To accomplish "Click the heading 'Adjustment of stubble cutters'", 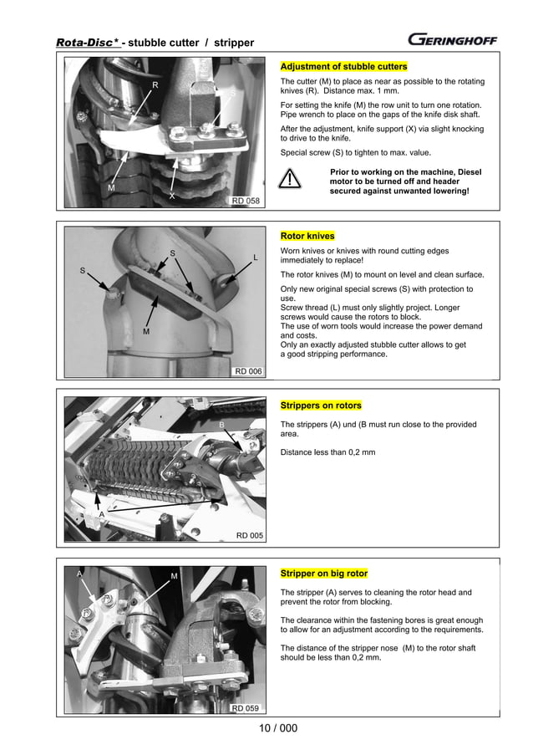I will click(343, 66).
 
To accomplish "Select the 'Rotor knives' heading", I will click(307, 236).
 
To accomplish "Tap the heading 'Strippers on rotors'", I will click(321, 406).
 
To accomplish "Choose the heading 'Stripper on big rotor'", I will click(323, 574).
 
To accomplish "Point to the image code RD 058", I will click(246, 201).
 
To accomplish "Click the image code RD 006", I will click(247, 370).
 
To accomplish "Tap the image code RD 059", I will click(246, 708).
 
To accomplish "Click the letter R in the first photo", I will click(155, 85).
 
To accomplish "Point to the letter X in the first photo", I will click(171, 196).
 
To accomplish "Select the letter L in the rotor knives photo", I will click(256, 257).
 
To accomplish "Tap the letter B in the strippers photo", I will click(221, 425).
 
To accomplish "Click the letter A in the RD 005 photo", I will click(102, 515).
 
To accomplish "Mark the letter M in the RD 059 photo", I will click(174, 575).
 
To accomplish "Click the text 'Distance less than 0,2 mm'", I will click(327, 452).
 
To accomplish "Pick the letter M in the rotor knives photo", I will click(145, 332).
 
